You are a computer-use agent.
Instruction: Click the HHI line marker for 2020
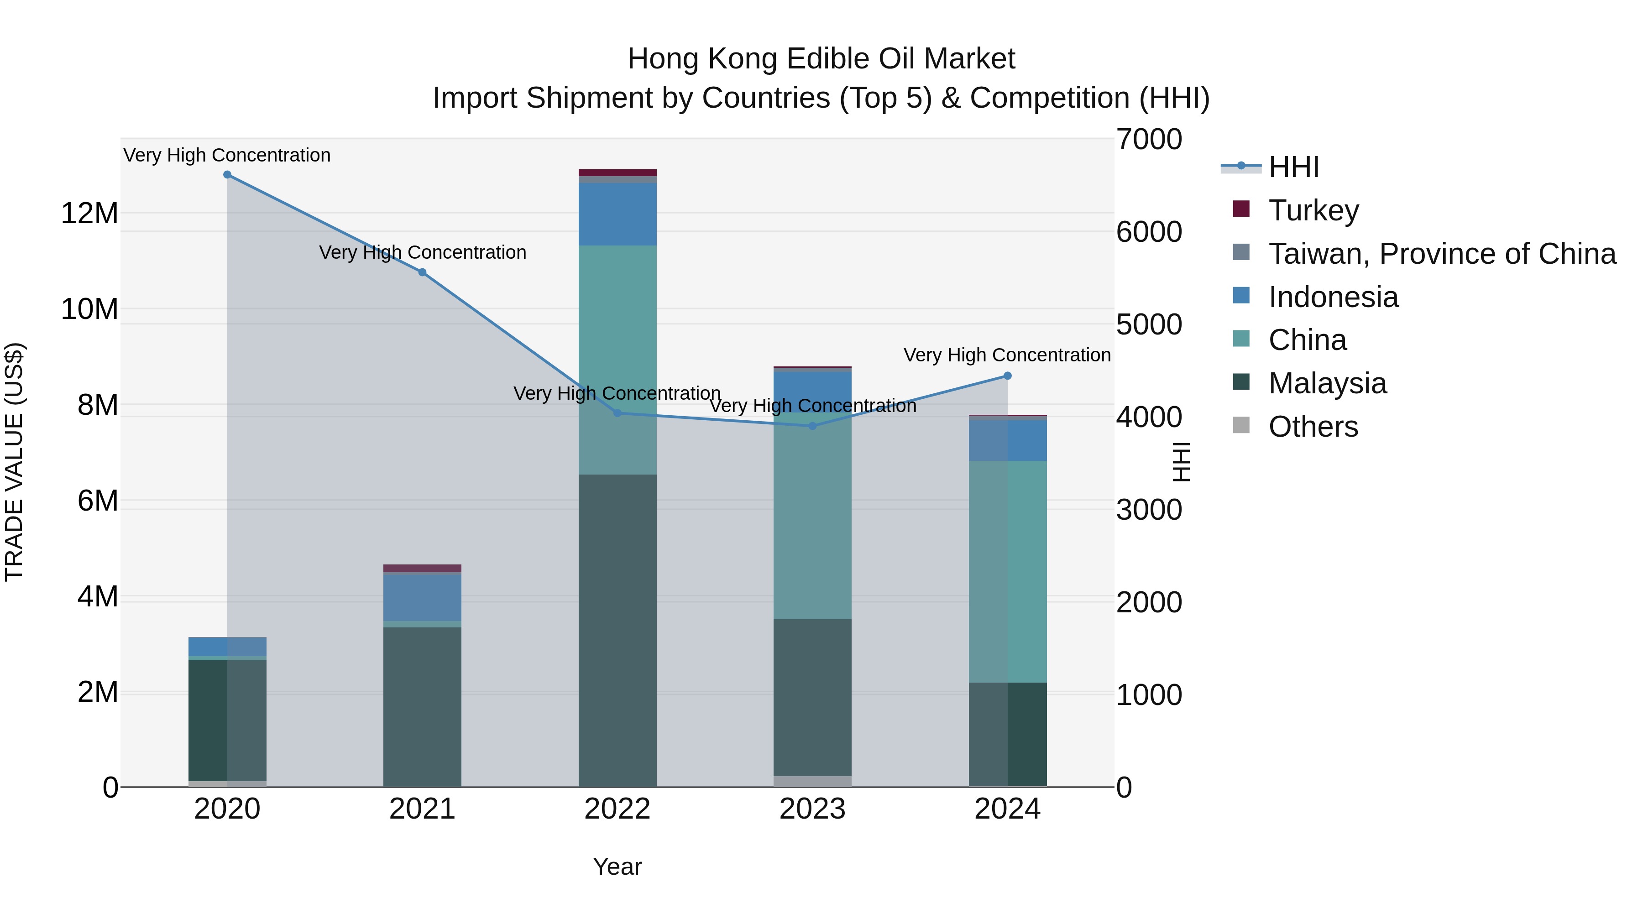pos(227,175)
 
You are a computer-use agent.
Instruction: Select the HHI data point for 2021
pos(422,272)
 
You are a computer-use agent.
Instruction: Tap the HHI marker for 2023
pos(812,426)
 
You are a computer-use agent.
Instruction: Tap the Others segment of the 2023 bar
pos(812,781)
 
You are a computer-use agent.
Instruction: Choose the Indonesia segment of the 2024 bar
pos(1008,440)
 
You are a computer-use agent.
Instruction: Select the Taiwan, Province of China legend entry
pos(1441,254)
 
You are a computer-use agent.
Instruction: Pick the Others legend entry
pos(1313,427)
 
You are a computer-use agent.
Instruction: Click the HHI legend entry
pos(1293,167)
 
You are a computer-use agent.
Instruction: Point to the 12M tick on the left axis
pos(89,213)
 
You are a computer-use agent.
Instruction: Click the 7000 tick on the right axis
pos(1149,140)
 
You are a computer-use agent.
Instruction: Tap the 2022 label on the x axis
pos(617,809)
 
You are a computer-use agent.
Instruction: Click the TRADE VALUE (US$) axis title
pos(14,462)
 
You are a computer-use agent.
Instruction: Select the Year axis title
pos(617,867)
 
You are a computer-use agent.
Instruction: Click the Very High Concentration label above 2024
pos(1007,355)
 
